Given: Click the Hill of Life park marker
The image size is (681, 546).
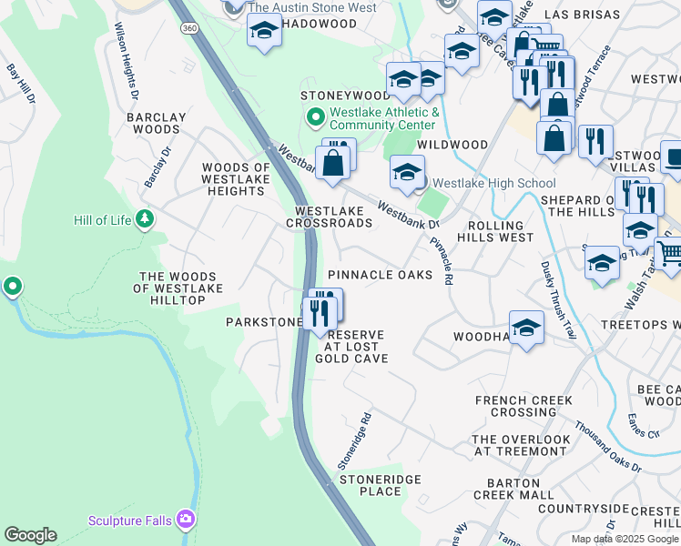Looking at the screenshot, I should pos(144,219).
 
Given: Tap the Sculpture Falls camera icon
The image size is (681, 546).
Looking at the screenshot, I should pos(187,519).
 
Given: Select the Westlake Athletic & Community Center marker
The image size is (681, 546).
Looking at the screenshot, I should pos(316,117).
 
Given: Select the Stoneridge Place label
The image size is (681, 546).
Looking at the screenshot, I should pos(369,485).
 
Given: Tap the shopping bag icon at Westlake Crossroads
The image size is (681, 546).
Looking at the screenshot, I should pos(333,163).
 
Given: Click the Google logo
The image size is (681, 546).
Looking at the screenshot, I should pos(30,535).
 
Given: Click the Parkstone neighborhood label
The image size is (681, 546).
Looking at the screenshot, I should pos(264,322).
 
